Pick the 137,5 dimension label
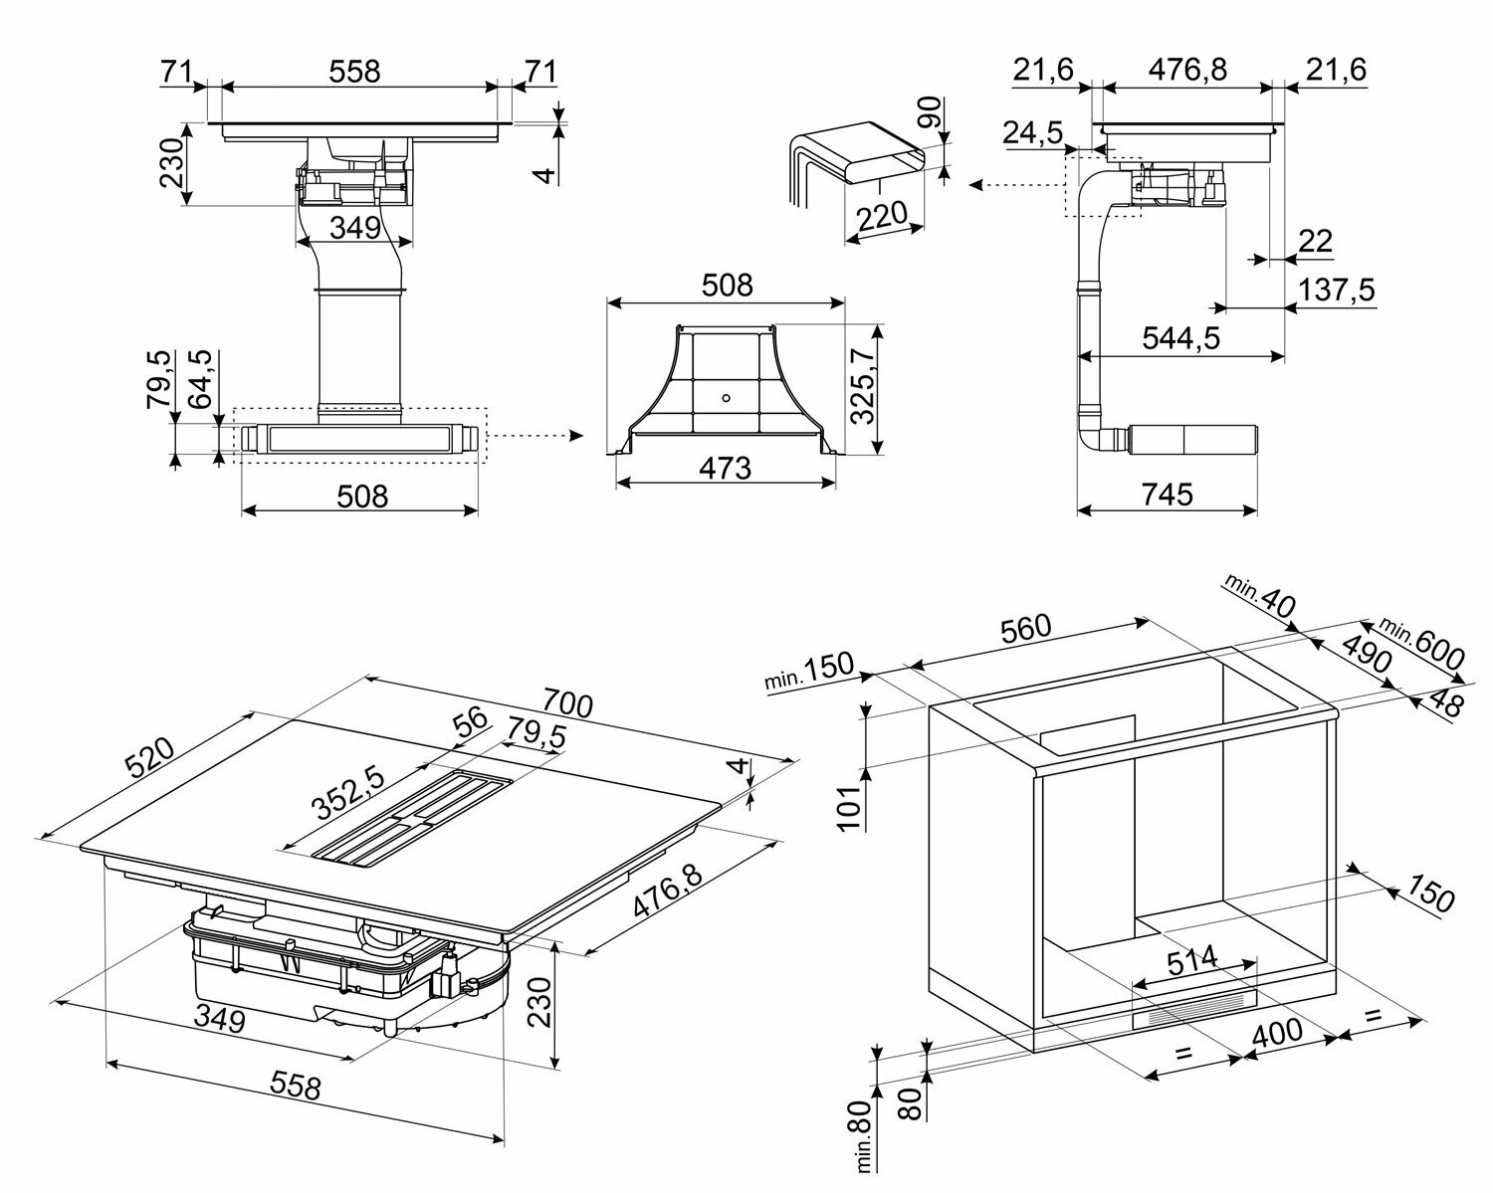(x=1337, y=290)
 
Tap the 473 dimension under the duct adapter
(x=725, y=467)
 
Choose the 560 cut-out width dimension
(x=1024, y=628)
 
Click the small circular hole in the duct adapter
(x=725, y=396)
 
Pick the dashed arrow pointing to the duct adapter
(x=537, y=436)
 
